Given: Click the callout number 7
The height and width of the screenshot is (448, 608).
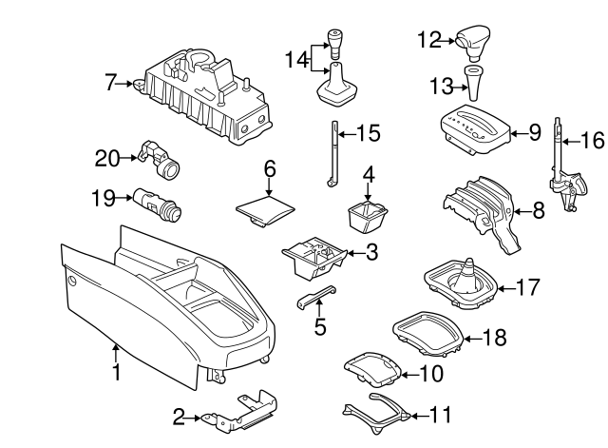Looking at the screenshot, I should tap(111, 84).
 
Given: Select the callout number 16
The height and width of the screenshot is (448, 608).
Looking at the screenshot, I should tap(591, 142).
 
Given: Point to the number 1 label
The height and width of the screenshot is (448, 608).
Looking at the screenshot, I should tap(116, 372).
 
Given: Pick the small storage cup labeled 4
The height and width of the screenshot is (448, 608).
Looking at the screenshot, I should tap(366, 216).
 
